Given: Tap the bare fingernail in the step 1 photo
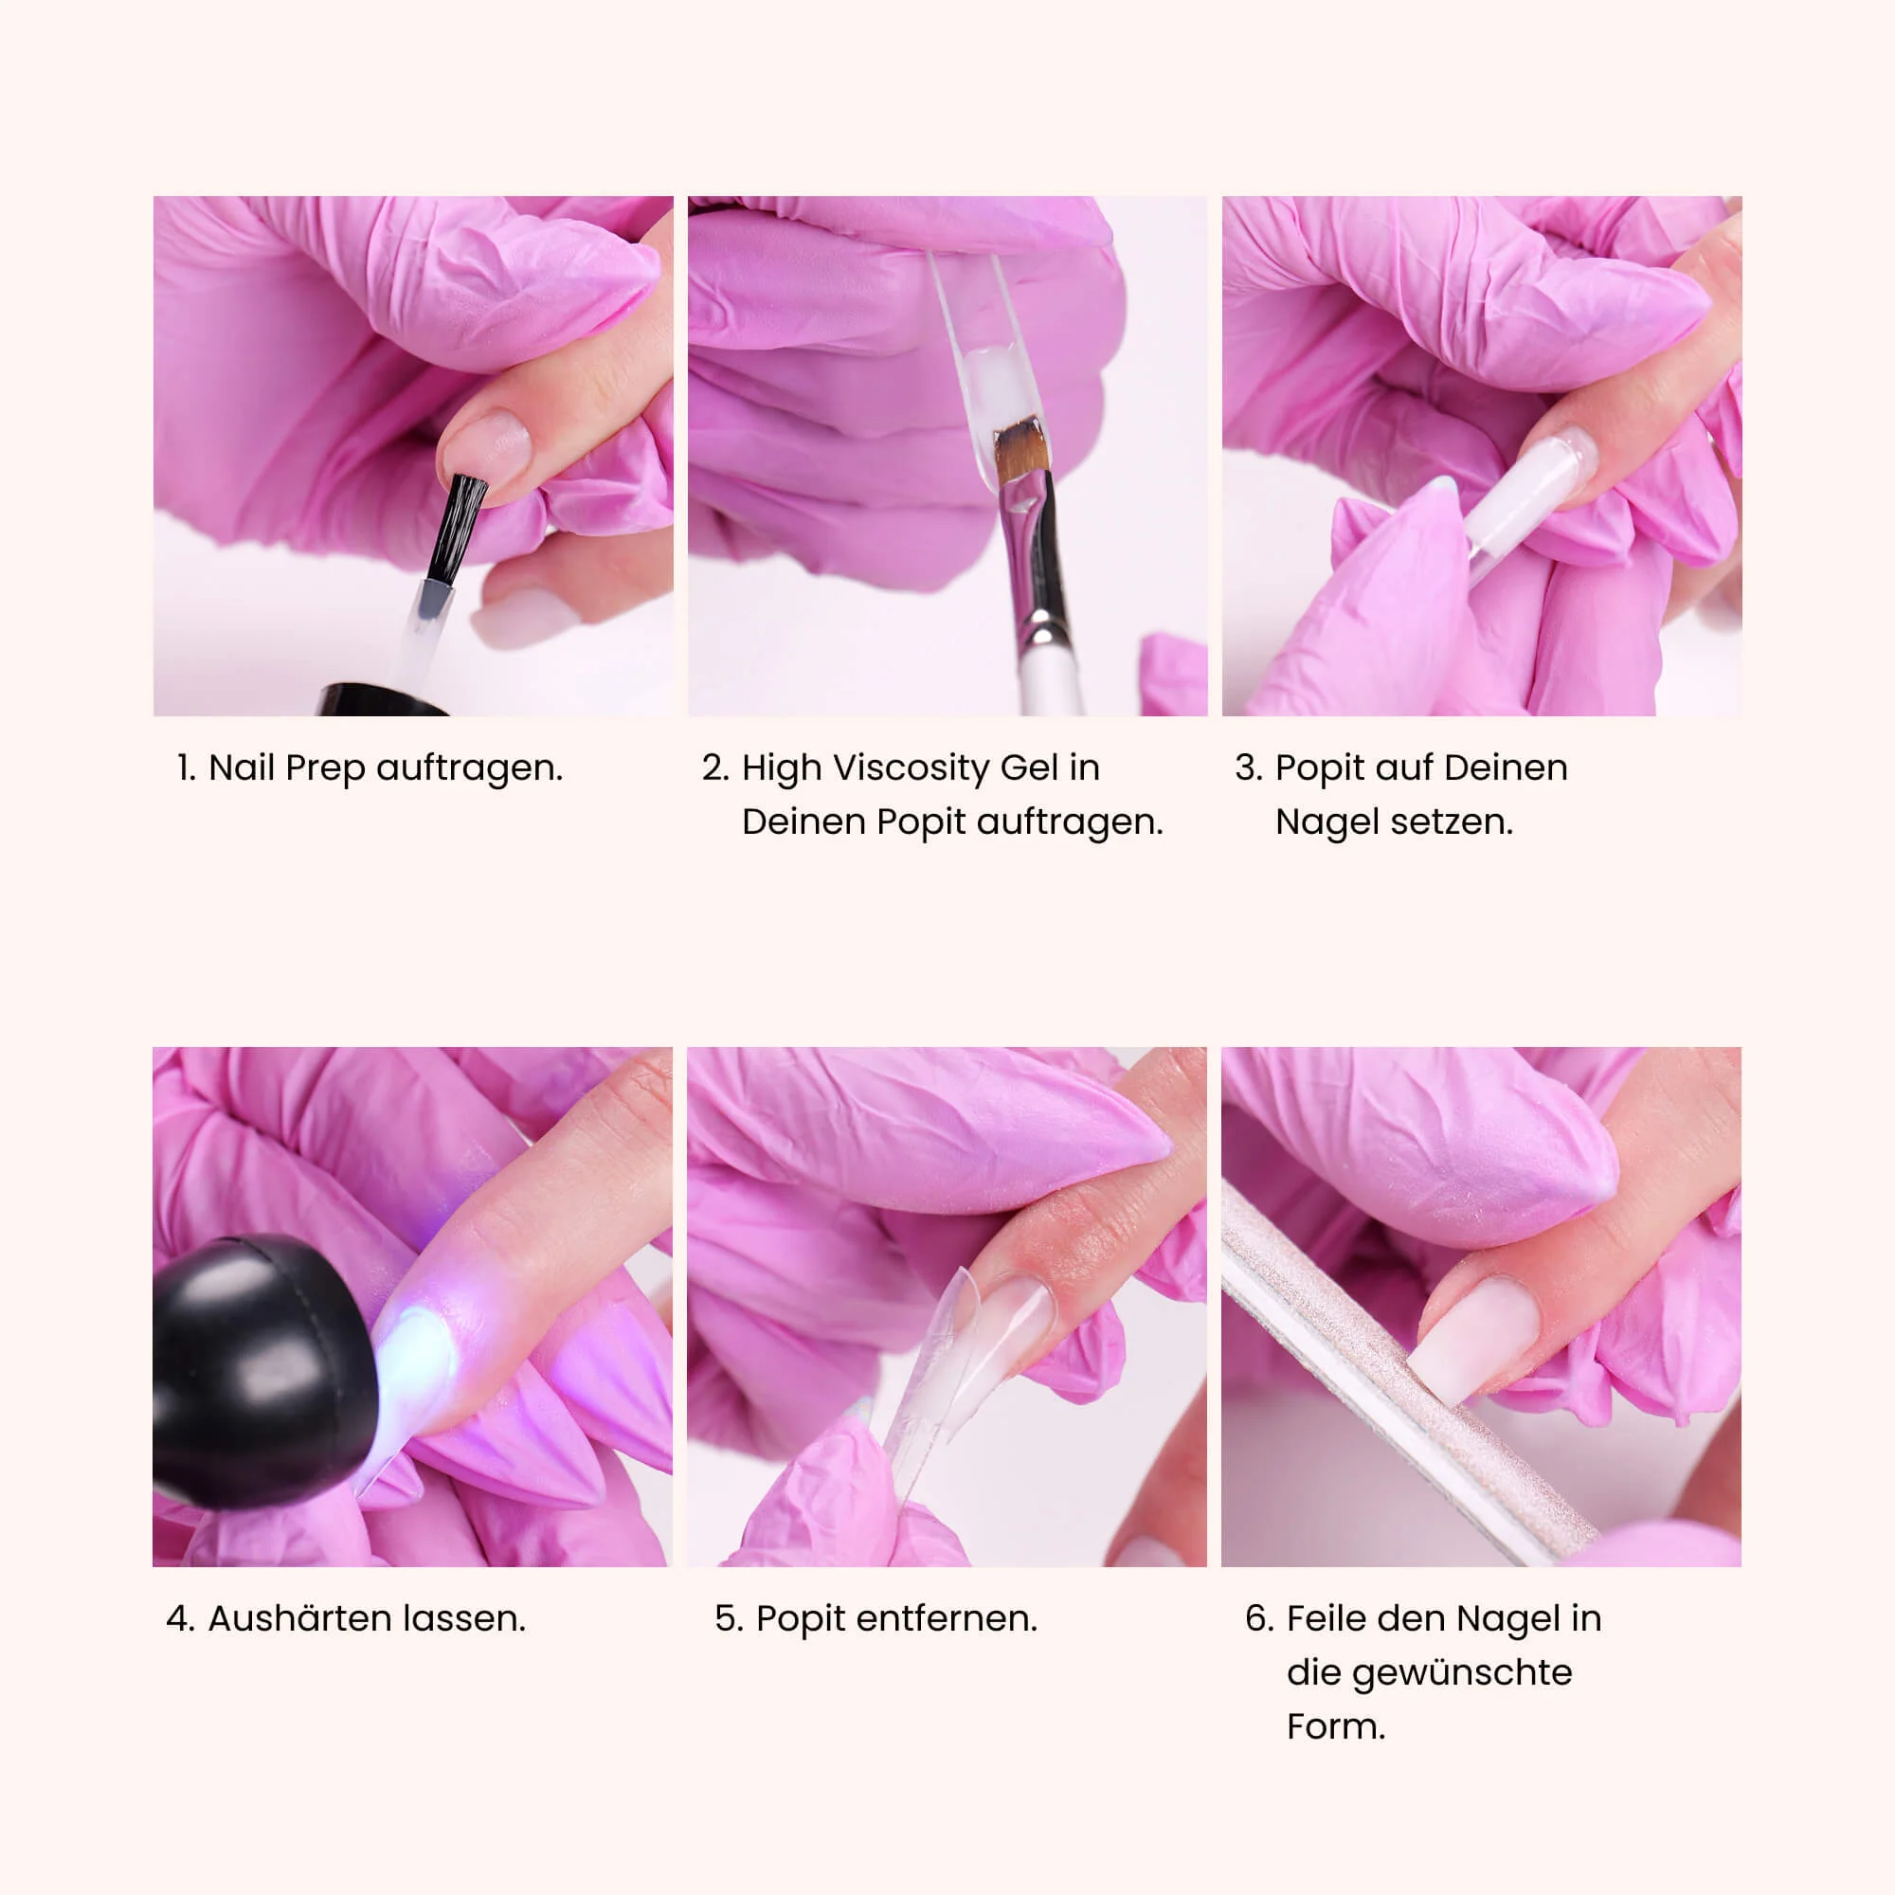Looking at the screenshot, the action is [487, 448].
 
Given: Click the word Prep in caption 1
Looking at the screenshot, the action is [326, 769].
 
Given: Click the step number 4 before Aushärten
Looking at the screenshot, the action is [177, 1619].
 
